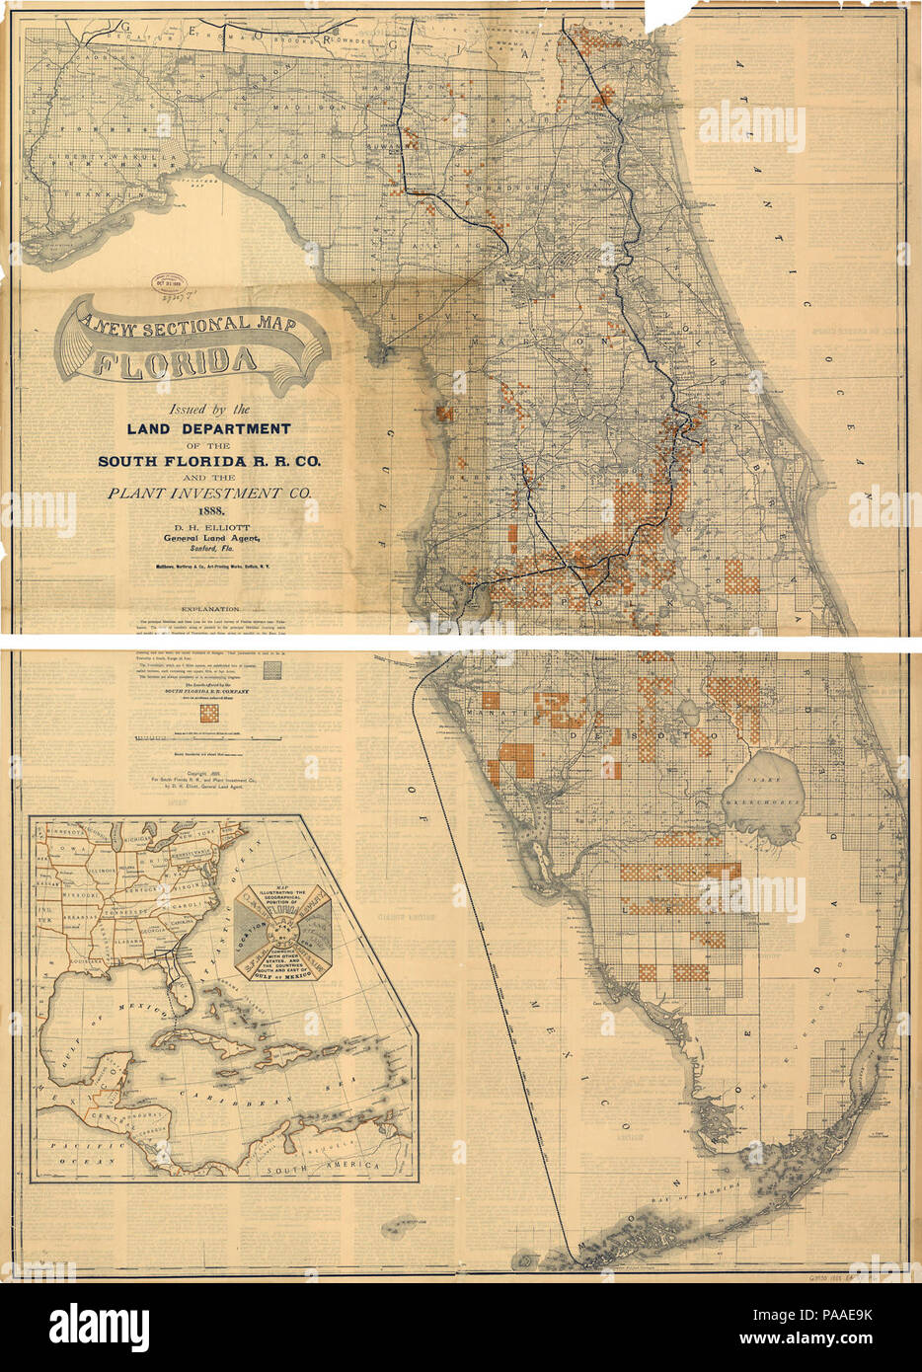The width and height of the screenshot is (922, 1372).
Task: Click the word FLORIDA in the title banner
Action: pos(174,362)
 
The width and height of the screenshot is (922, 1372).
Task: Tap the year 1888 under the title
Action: pos(211,510)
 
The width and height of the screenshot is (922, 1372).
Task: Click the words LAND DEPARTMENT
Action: pos(208,428)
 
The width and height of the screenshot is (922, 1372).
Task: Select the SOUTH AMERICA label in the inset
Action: pos(326,1166)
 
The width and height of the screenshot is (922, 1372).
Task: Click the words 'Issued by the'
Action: pos(210,408)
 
